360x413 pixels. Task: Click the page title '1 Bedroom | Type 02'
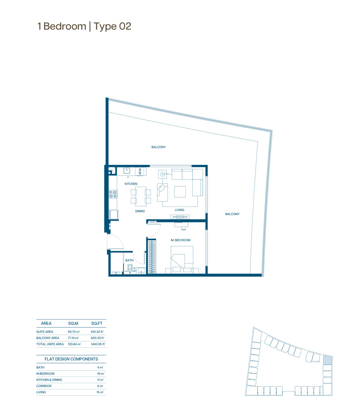(84, 26)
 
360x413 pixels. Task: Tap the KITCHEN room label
(131, 184)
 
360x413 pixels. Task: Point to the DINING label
(140, 211)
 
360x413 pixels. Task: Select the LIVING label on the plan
(180, 210)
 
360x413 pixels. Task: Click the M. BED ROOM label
(181, 240)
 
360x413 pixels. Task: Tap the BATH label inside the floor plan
(129, 261)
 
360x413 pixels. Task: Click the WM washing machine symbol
(140, 172)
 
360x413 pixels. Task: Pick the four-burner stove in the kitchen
(113, 195)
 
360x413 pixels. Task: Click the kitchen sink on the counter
(127, 171)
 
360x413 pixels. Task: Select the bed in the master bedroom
(182, 260)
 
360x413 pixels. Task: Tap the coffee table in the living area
(180, 192)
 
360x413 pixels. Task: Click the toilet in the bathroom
(130, 268)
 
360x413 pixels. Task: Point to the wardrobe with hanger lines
(152, 256)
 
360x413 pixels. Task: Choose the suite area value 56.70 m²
(74, 332)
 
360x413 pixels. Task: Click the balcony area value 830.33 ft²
(98, 338)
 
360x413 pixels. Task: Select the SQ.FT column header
(97, 323)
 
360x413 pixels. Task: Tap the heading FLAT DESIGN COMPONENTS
(71, 359)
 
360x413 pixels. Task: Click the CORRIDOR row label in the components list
(44, 386)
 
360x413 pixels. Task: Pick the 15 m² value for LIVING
(100, 392)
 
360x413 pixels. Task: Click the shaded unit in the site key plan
(327, 360)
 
